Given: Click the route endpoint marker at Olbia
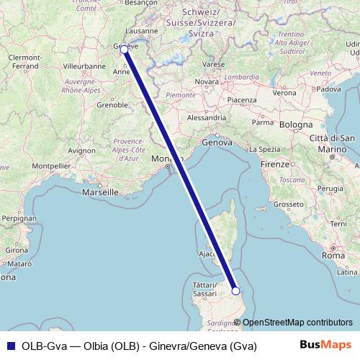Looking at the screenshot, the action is pyautogui.click(x=235, y=291).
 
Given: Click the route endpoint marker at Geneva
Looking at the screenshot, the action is pyautogui.click(x=124, y=49).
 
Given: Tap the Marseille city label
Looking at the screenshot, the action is pyautogui.click(x=100, y=193).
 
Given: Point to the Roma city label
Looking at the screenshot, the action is pyautogui.click(x=334, y=255).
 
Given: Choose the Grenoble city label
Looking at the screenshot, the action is pyautogui.click(x=112, y=104).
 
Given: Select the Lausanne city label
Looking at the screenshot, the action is pyautogui.click(x=141, y=32).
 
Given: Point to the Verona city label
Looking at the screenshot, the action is pyautogui.click(x=285, y=94).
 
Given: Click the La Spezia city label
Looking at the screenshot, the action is pyautogui.click(x=266, y=149).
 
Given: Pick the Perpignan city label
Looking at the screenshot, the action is pyautogui.click(x=18, y=217).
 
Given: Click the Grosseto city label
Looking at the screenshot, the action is pyautogui.click(x=289, y=204).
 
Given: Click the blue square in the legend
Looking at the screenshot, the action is pyautogui.click(x=9, y=345).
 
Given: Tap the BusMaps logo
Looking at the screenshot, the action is pyautogui.click(x=325, y=345).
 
